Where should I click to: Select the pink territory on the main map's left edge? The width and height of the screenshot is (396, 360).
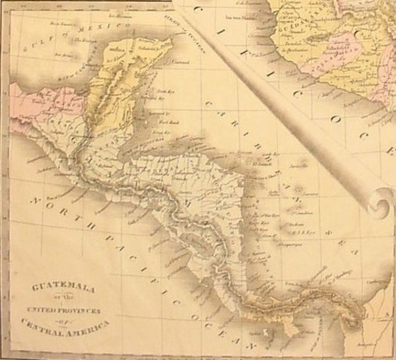coord(37,105)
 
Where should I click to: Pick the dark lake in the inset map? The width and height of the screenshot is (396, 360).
coord(316,34)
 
